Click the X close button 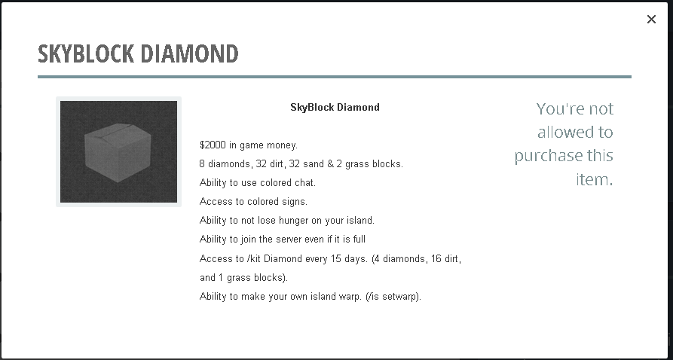click(651, 20)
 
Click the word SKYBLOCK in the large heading click(86, 53)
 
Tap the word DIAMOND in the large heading click(189, 53)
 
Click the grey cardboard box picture click(118, 151)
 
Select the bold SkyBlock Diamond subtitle click(335, 107)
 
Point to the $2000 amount click(213, 145)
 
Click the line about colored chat click(258, 183)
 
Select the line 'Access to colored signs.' click(253, 202)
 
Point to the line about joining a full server click(283, 239)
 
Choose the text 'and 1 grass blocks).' click(243, 278)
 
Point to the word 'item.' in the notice click(595, 179)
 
